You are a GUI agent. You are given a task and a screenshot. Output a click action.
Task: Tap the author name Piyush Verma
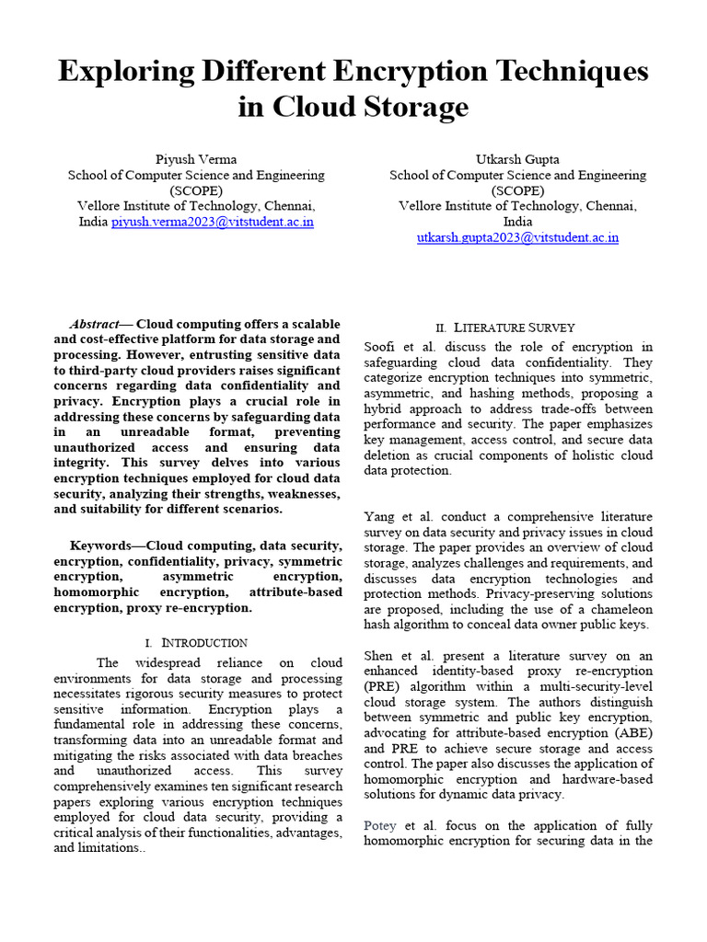195,159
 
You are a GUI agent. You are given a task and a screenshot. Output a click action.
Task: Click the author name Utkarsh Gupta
517,159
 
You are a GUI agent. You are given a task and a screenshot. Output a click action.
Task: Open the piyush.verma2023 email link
213,222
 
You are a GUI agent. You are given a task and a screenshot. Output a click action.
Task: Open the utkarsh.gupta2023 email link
517,237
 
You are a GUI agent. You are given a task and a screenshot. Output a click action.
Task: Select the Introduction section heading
204,642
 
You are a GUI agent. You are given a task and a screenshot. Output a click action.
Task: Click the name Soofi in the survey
380,347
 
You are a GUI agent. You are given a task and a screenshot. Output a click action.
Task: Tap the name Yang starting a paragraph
379,516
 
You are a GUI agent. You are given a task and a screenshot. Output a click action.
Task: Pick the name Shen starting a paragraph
380,656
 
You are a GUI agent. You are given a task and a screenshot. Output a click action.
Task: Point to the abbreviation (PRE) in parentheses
381,687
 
